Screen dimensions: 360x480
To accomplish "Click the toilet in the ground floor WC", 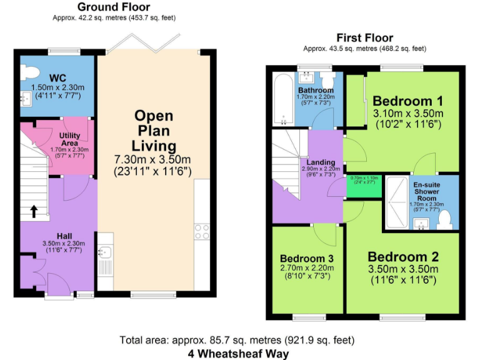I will tap(26, 72).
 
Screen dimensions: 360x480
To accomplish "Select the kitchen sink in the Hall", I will tap(105, 252).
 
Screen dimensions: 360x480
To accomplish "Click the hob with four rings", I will tap(202, 231).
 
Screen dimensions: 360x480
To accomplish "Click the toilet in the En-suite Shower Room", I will tap(445, 219).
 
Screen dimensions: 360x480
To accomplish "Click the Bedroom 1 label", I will tap(407, 101).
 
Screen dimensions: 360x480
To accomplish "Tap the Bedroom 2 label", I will tap(403, 257).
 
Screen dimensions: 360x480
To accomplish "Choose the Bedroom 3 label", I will tap(306, 259).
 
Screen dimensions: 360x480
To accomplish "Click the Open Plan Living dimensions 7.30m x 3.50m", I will tap(152, 159).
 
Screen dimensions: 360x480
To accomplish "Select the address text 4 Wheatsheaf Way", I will tap(239, 353).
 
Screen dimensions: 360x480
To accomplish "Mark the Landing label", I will tap(312, 162).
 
